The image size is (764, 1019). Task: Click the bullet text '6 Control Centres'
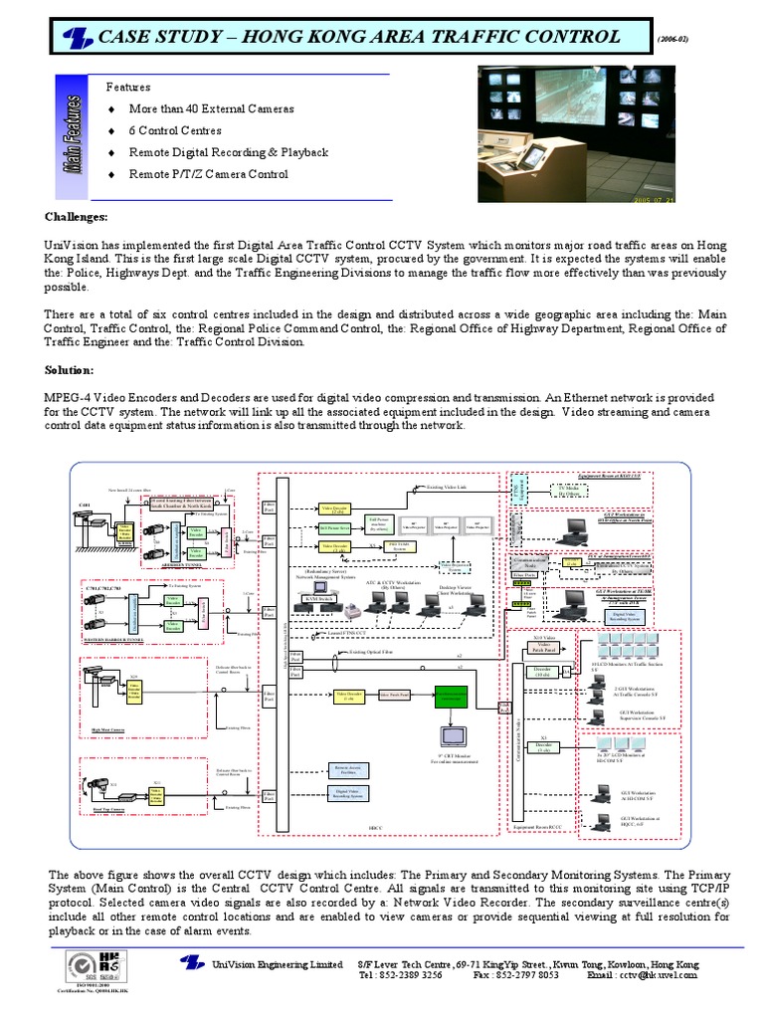point(175,130)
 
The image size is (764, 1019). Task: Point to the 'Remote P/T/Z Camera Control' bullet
point(209,174)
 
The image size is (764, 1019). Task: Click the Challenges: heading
point(77,217)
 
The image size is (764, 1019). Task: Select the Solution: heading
point(70,370)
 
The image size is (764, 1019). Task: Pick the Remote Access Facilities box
point(347,769)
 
